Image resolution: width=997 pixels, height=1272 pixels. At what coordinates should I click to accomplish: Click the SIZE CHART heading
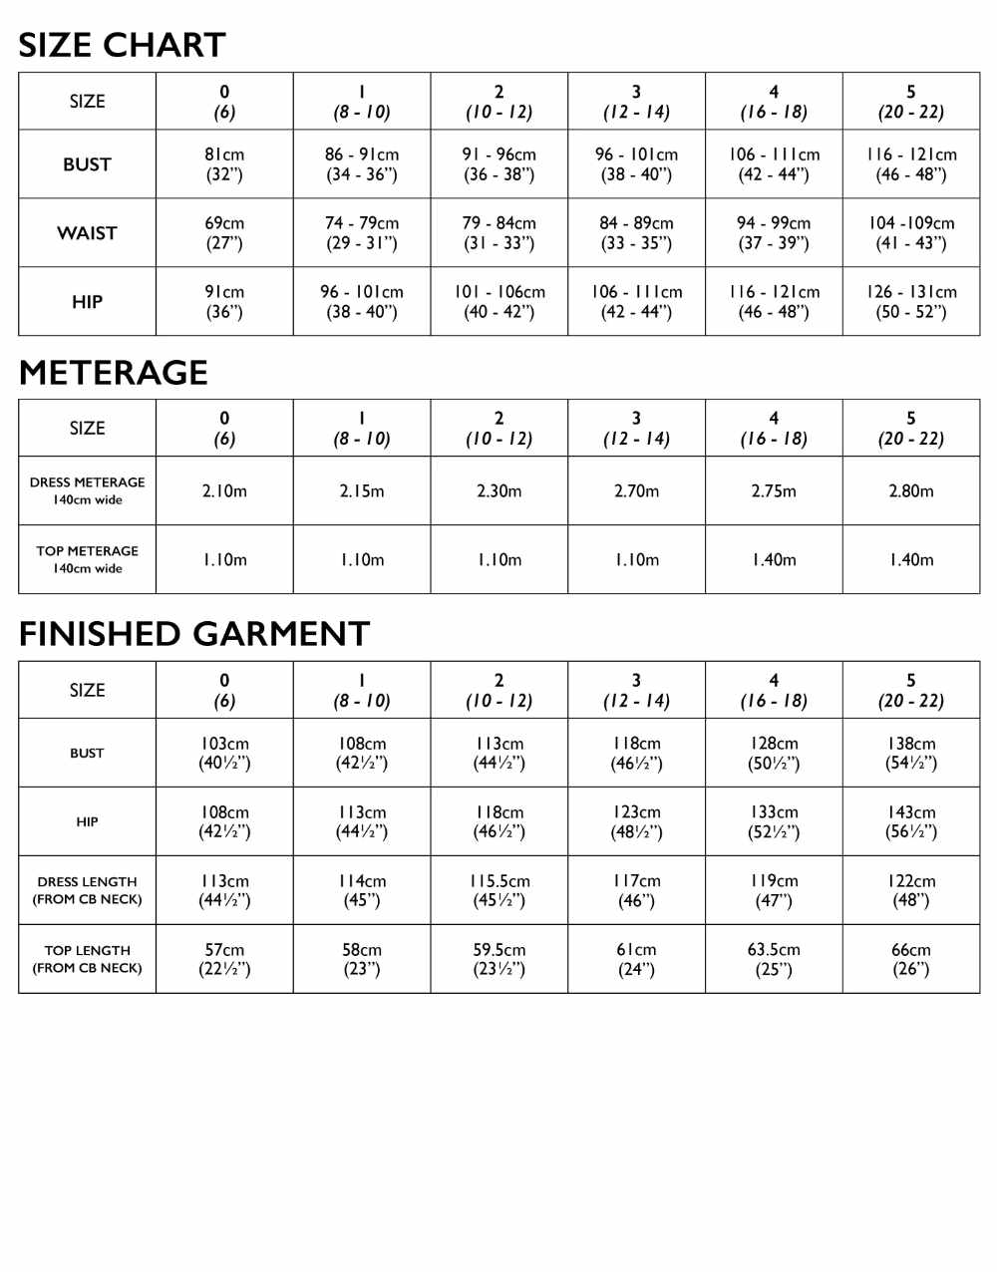click(x=122, y=45)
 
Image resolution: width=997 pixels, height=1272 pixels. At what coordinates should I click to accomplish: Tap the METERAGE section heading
click(x=114, y=372)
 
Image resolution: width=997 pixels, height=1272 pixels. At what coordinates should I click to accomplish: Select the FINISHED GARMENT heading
click(x=194, y=634)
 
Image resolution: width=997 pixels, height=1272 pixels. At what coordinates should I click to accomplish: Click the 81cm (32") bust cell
click(x=224, y=164)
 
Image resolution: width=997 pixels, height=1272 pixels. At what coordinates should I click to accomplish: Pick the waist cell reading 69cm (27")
click(x=224, y=233)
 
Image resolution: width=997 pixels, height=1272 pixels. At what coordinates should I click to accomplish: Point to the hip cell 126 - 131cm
click(x=911, y=302)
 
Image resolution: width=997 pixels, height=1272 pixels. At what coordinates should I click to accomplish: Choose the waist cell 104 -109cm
click(x=911, y=233)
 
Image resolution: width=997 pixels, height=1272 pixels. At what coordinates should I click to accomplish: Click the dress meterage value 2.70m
click(x=636, y=491)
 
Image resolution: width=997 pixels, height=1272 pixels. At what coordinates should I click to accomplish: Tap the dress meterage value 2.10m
click(x=224, y=491)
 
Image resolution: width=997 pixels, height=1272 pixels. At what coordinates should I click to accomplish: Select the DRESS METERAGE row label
click(x=88, y=490)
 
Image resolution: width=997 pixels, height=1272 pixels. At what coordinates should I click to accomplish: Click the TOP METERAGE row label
click(x=88, y=559)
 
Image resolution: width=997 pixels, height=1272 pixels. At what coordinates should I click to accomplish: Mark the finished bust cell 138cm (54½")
click(x=911, y=754)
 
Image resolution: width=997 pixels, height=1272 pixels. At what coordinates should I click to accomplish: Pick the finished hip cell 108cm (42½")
click(x=224, y=822)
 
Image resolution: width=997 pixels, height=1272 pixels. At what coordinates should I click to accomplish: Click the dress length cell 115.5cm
click(x=499, y=891)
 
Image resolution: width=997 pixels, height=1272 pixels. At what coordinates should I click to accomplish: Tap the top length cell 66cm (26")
click(x=911, y=959)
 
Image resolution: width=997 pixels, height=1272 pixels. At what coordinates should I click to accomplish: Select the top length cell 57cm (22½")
click(x=224, y=959)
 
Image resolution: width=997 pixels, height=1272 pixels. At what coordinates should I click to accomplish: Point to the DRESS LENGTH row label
click(x=88, y=890)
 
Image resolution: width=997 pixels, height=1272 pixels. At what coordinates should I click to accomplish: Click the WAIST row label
click(x=88, y=233)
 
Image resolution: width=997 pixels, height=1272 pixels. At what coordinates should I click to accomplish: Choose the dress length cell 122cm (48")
click(x=911, y=891)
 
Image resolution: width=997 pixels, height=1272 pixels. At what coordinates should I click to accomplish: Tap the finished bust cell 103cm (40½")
click(x=224, y=754)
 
